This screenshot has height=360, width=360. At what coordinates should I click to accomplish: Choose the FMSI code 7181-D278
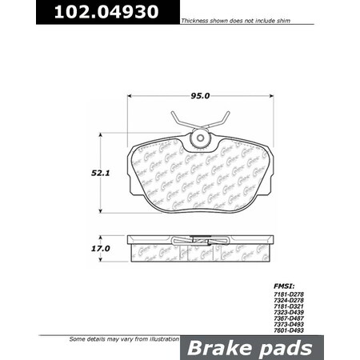[289, 295]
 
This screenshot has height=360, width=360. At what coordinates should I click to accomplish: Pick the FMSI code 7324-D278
[289, 302]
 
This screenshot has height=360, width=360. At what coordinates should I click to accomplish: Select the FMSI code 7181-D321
[289, 308]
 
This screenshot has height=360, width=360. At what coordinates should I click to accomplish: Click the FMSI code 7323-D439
[289, 314]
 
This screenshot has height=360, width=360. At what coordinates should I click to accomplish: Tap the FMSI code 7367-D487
[289, 321]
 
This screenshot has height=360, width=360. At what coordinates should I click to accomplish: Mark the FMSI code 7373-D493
[289, 327]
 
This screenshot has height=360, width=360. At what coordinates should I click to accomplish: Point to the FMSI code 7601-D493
[289, 334]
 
